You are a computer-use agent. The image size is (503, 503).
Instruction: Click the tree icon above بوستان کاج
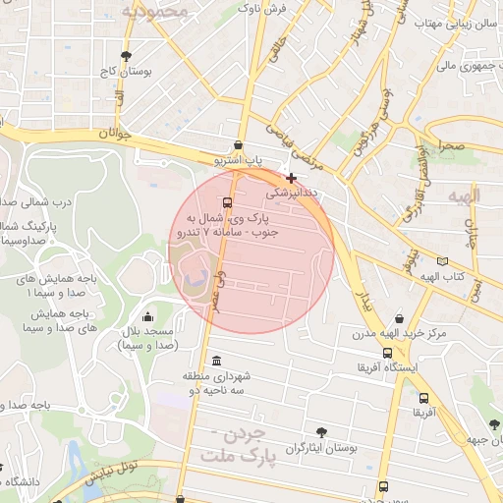pos(125,55)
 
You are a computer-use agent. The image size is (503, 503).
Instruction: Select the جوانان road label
pos(115,134)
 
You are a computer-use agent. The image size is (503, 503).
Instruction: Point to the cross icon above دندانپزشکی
pos(291,178)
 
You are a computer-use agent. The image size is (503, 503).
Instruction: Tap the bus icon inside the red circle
pos(228,203)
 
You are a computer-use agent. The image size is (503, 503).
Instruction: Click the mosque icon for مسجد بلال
pos(147,316)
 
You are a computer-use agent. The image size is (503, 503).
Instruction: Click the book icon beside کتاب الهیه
pos(443,262)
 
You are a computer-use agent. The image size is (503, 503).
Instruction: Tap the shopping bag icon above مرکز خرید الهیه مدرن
pos(399,317)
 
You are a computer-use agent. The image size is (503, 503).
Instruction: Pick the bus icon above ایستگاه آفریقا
pos(387,352)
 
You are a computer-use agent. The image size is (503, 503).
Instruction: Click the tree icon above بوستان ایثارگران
pos(321,431)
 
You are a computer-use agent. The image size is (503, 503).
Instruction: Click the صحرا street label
pos(451,145)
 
